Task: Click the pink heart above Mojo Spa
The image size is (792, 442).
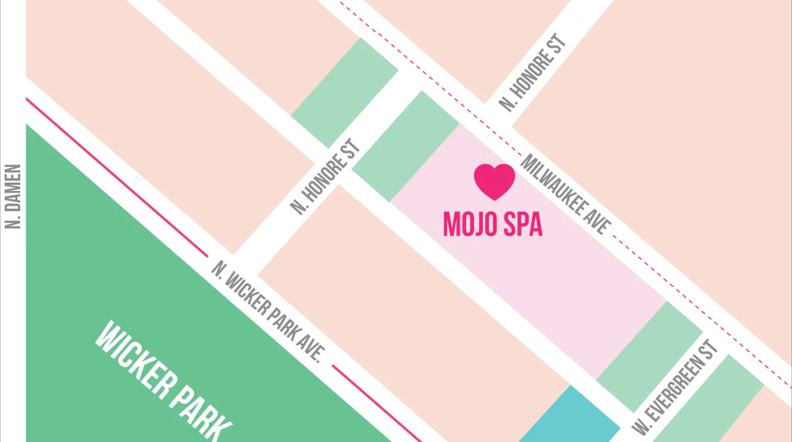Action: (x=494, y=181)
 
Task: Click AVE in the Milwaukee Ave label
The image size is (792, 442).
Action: (x=599, y=224)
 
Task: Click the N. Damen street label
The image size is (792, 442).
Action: (x=13, y=197)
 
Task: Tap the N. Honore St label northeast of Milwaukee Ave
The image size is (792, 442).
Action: (x=532, y=73)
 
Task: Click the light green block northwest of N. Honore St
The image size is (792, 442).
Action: (x=344, y=92)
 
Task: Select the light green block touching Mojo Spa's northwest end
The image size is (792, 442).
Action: (x=406, y=146)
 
